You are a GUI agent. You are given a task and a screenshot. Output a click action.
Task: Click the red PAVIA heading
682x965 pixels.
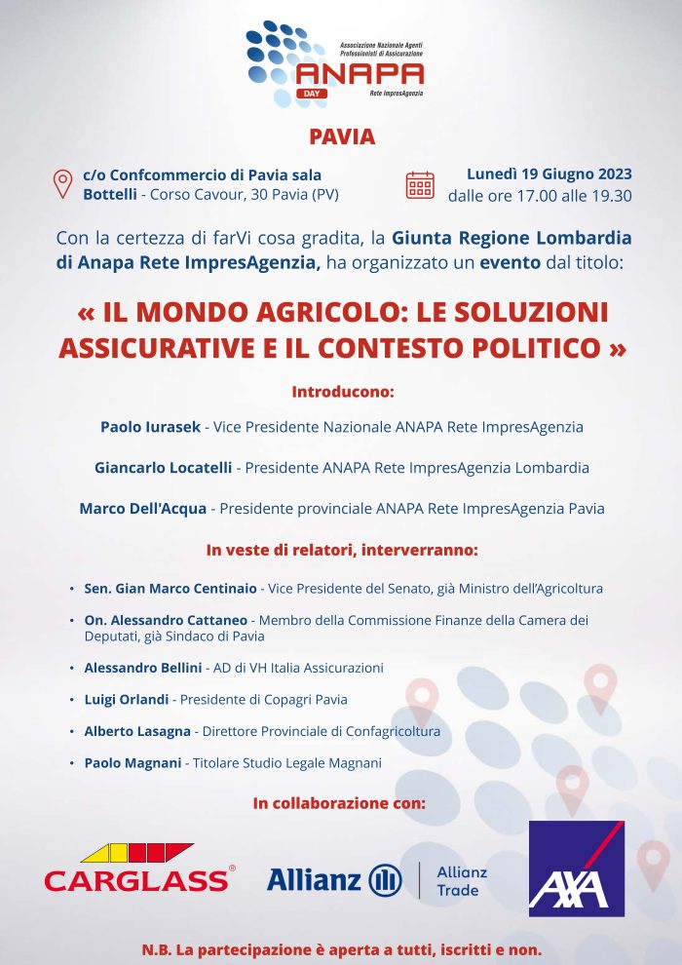click(341, 136)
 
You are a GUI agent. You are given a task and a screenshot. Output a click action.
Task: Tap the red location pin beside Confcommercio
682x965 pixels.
click(62, 183)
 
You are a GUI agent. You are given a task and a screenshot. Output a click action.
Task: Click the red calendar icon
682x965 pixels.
click(420, 184)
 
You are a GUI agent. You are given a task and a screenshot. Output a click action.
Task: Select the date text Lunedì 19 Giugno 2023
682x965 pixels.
click(549, 174)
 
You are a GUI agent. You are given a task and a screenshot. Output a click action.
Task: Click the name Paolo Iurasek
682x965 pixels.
click(150, 427)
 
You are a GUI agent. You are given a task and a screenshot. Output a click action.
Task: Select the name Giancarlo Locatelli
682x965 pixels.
click(163, 468)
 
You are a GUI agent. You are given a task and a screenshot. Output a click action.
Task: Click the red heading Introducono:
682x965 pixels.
click(341, 392)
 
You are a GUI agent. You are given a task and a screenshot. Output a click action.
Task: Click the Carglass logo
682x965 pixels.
click(139, 868)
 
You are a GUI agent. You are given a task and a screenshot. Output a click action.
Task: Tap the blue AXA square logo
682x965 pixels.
click(576, 868)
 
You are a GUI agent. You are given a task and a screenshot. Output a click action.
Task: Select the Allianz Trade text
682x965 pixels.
click(462, 880)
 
